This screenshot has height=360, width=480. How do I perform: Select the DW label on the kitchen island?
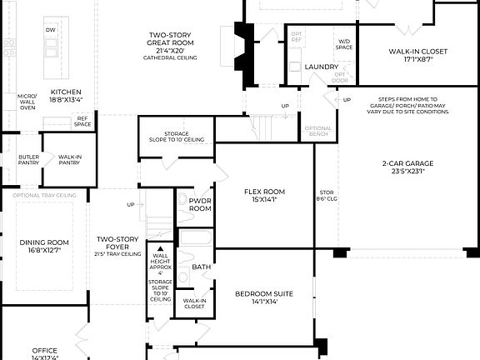point(50,31)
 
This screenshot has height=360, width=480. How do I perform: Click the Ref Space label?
point(82,122)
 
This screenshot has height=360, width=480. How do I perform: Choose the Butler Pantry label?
point(28,158)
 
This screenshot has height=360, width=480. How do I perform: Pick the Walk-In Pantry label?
point(69,158)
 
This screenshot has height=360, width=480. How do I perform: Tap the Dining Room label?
point(44,246)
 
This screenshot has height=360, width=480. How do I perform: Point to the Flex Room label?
point(265,196)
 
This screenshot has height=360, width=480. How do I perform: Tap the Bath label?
point(201,267)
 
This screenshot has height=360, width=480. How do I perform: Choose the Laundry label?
point(321,67)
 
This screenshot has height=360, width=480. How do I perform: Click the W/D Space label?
point(344,43)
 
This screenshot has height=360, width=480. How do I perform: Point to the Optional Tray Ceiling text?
point(44,195)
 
